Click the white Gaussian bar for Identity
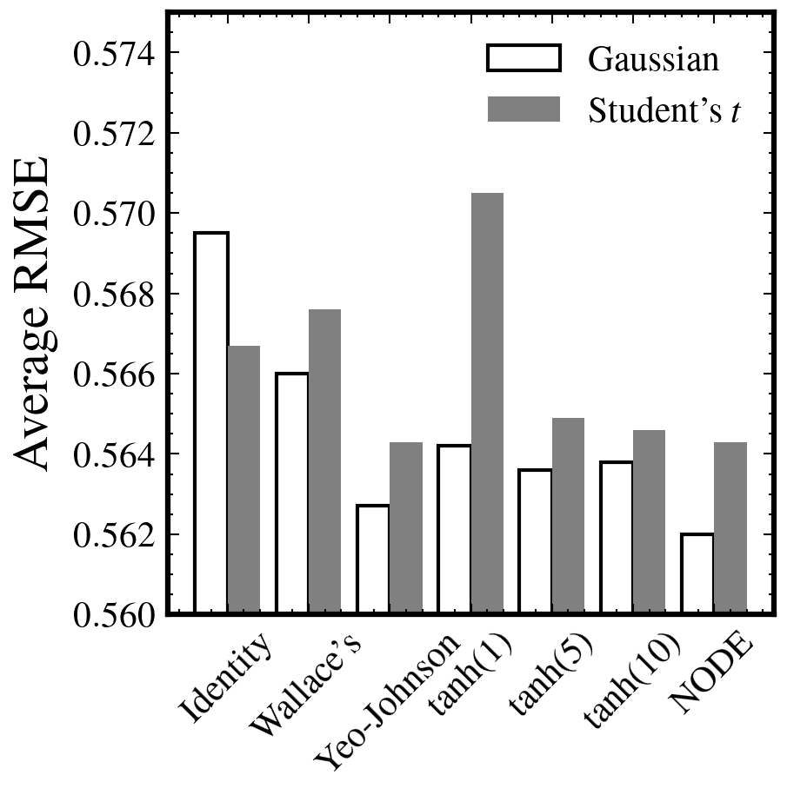[x=211, y=423]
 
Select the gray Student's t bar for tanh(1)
[x=487, y=403]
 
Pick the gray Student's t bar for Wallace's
[x=324, y=461]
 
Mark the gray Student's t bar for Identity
[x=243, y=480]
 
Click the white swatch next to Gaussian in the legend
[x=524, y=59]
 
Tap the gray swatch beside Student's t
[x=524, y=109]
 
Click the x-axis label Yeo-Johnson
[x=386, y=704]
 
